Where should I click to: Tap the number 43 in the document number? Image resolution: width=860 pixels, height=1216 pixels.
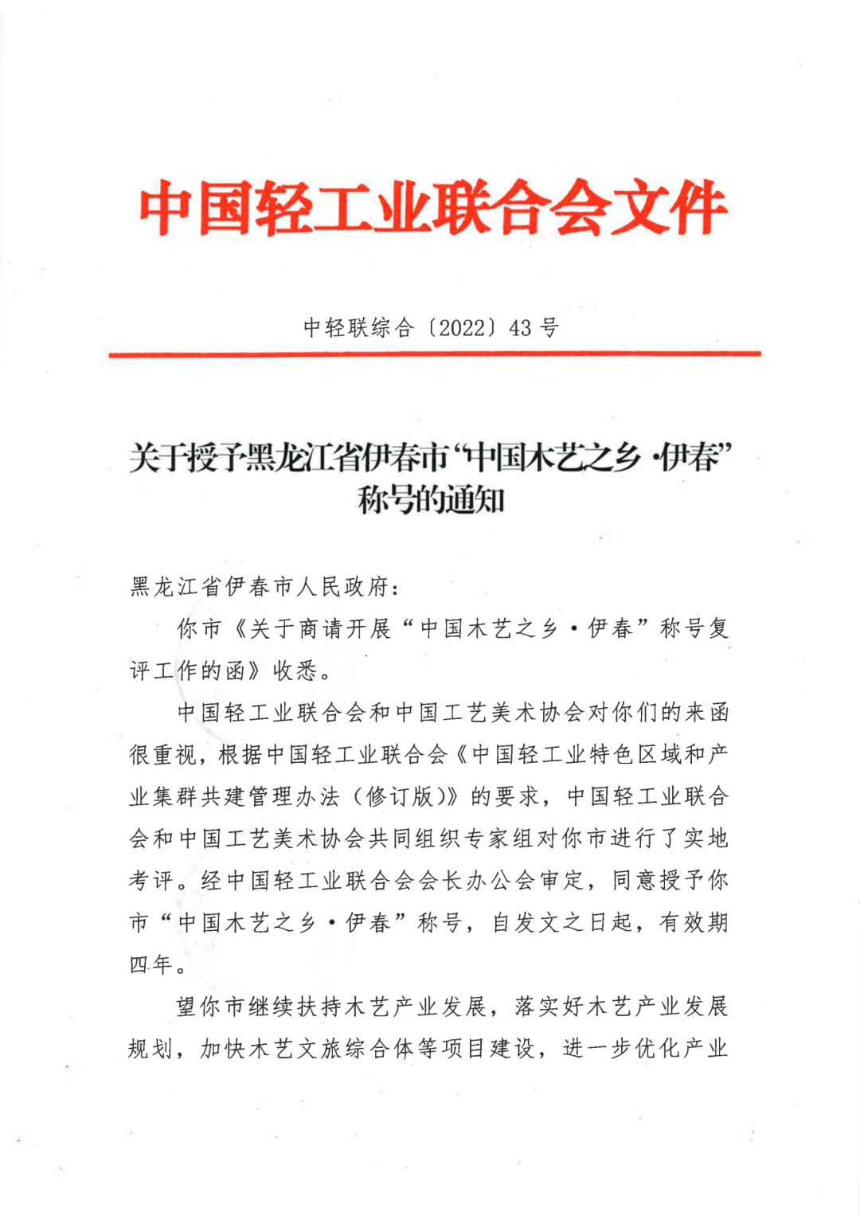[x=520, y=327]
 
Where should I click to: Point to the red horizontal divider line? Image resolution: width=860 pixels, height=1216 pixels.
[x=435, y=354]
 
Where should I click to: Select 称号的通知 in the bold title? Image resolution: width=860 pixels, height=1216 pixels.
[x=431, y=501]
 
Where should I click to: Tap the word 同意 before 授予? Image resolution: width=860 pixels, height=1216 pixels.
[x=634, y=881]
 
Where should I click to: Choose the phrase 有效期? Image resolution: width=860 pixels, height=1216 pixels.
[x=694, y=923]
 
